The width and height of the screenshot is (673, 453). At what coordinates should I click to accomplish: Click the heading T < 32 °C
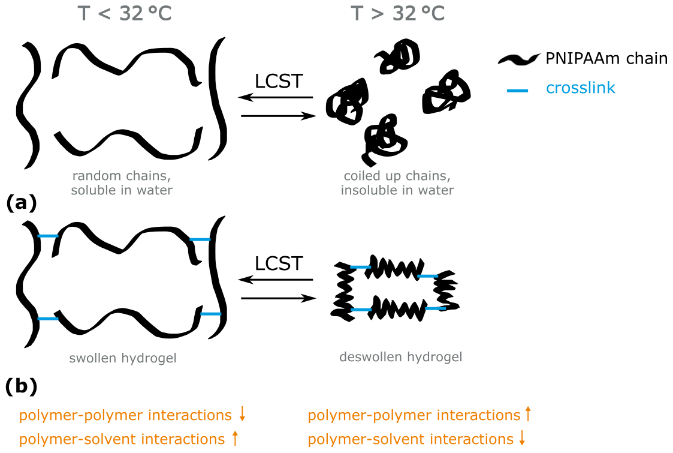pyautogui.click(x=125, y=13)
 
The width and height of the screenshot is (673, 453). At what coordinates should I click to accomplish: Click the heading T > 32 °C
pyautogui.click(x=398, y=13)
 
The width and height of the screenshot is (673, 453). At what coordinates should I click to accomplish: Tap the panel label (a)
pyautogui.click(x=21, y=203)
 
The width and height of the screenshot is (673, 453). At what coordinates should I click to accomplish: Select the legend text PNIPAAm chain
pyautogui.click(x=606, y=59)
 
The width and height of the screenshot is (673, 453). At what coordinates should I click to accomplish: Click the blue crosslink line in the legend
pyautogui.click(x=517, y=91)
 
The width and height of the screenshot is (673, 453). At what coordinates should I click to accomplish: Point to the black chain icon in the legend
pyautogui.click(x=519, y=59)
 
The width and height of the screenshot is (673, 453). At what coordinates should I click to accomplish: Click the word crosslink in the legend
pyautogui.click(x=581, y=88)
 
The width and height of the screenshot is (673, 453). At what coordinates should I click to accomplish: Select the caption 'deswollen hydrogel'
pyautogui.click(x=401, y=358)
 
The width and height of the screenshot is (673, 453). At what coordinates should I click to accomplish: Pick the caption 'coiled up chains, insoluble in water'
pyautogui.click(x=398, y=183)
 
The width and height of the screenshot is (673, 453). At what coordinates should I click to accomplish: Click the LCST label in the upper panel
pyautogui.click(x=278, y=82)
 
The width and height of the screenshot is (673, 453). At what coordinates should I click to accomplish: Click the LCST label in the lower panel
pyautogui.click(x=278, y=263)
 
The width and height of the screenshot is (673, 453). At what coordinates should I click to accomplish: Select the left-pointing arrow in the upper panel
pyautogui.click(x=276, y=97)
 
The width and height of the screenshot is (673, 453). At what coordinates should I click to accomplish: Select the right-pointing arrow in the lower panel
pyautogui.click(x=278, y=298)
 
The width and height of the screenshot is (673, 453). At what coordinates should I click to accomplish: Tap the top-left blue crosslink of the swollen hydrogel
pyautogui.click(x=47, y=236)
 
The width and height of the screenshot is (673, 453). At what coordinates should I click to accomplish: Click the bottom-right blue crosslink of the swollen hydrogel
pyautogui.click(x=210, y=314)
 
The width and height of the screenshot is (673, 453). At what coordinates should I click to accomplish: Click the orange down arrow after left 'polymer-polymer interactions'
pyautogui.click(x=242, y=413)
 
